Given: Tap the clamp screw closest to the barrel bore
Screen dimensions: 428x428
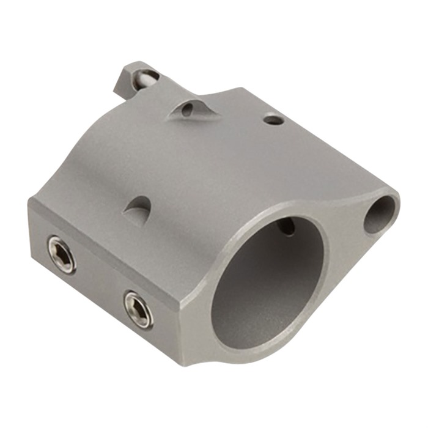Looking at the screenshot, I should tap(138, 309).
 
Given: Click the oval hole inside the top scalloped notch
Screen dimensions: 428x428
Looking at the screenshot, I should tap(187, 109).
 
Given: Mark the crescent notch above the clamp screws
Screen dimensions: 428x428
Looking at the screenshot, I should tap(139, 208).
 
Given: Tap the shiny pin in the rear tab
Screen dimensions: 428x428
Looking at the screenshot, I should tap(147, 78).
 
